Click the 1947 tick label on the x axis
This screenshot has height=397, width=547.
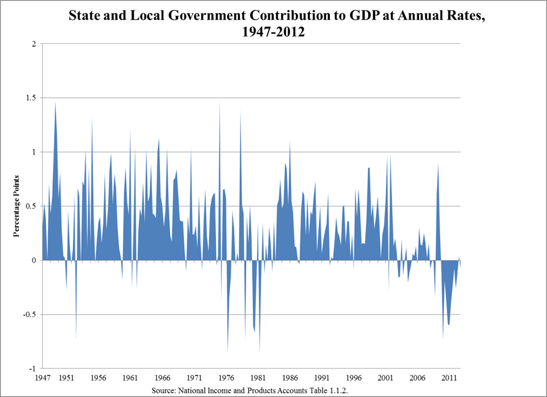pos(42,379)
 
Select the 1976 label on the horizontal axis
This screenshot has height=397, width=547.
pos(226,379)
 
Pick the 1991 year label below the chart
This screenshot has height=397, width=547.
pos(322,379)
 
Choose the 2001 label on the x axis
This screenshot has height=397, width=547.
pos(385,379)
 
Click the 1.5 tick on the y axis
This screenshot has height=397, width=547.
pos(31,98)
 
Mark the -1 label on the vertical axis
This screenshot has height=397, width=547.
pos(32,368)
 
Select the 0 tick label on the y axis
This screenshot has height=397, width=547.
pos(34,260)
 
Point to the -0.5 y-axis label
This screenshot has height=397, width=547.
pos(29,314)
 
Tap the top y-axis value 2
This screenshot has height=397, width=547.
pos(34,44)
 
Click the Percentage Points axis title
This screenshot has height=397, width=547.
pos(17,206)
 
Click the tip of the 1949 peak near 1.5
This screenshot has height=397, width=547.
pos(55,102)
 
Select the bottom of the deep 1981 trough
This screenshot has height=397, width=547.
pos(259,351)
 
